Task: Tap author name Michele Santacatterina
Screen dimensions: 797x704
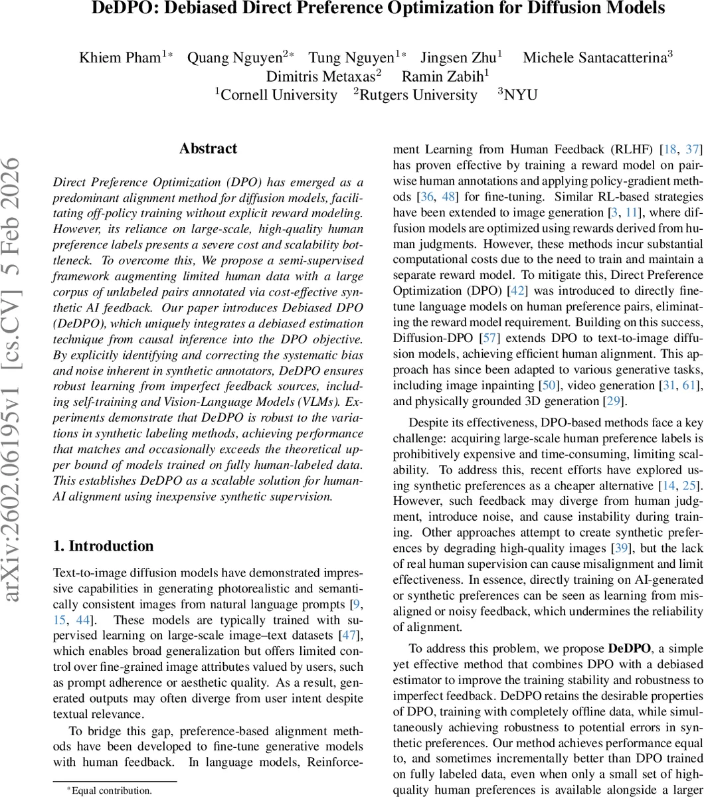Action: click(x=594, y=57)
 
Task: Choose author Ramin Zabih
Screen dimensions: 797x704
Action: click(x=441, y=76)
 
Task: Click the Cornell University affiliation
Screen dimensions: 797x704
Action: click(x=278, y=95)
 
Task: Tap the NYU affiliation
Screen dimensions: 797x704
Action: click(x=520, y=95)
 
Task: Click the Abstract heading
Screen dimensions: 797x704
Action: click(x=208, y=149)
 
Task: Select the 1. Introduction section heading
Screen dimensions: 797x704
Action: click(x=103, y=547)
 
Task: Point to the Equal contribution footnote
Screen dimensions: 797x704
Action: click(x=112, y=790)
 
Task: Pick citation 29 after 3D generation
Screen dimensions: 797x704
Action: click(x=614, y=401)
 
